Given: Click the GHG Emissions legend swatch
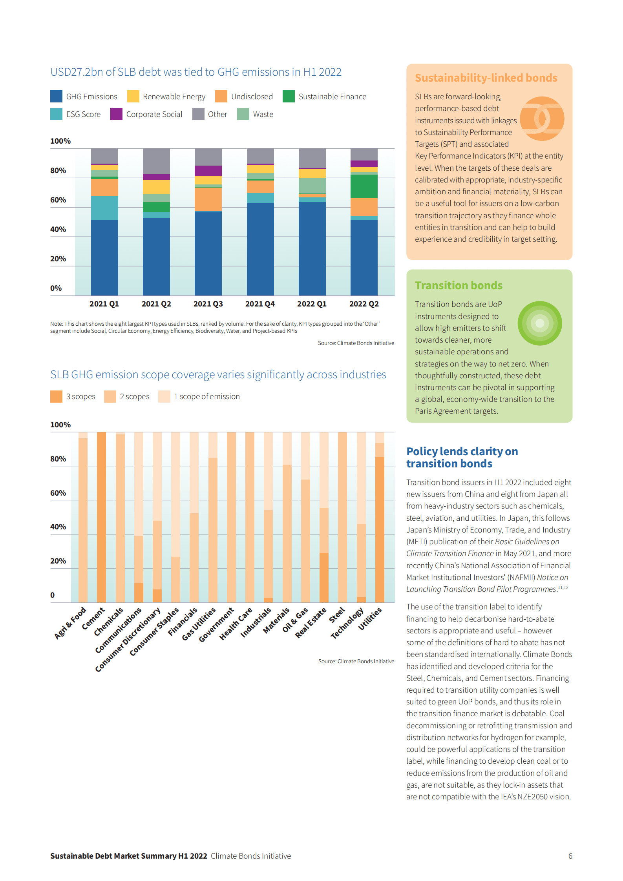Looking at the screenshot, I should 56,97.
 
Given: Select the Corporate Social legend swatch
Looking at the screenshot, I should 116,114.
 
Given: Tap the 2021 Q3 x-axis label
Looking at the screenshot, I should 208,304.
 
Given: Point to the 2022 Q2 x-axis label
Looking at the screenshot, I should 364,304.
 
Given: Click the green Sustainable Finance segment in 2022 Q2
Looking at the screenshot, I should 364,186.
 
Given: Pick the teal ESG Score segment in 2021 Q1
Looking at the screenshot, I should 104,208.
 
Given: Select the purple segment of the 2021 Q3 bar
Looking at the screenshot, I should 208,171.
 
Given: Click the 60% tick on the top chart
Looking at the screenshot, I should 58,200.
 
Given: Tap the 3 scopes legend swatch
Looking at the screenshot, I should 56,397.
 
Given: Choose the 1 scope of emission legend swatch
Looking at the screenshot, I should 164,397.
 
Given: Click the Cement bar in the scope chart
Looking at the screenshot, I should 101,517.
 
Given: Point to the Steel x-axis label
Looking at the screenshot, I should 337,615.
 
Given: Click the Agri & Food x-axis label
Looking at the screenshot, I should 70,623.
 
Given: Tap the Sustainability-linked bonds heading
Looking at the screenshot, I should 486,78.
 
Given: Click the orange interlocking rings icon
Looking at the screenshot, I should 542,119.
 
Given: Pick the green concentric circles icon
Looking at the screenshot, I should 540,323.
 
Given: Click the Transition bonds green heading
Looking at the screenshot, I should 459,286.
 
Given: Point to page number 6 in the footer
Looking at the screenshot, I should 570,856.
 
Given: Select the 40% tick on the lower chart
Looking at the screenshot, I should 58,527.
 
